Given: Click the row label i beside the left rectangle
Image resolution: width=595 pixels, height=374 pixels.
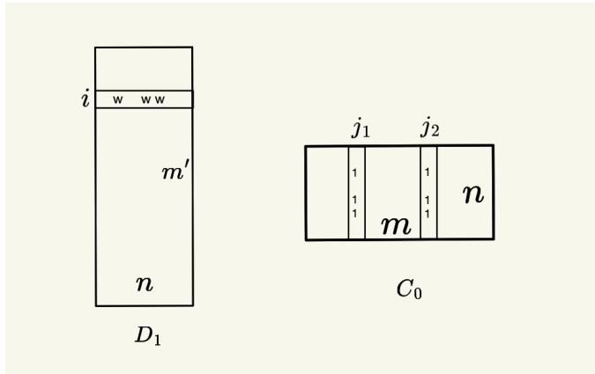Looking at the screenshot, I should pyautogui.click(x=85, y=99).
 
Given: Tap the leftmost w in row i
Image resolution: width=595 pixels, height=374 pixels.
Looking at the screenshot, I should pyautogui.click(x=117, y=99).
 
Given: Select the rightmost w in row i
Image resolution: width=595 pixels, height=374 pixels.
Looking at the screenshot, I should pyautogui.click(x=160, y=99).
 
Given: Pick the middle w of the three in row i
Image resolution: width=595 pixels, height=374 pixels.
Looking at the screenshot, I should pyautogui.click(x=146, y=99).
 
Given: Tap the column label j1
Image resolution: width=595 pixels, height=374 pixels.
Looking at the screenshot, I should pyautogui.click(x=361, y=129).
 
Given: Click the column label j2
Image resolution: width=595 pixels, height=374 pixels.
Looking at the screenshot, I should pyautogui.click(x=430, y=129).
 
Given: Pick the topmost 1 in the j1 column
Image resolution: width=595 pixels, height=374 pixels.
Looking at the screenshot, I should pyautogui.click(x=354, y=172).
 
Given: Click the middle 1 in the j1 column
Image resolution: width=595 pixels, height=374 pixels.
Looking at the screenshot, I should pyautogui.click(x=354, y=200).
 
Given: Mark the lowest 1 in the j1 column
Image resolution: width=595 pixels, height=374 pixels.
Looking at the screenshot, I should pyautogui.click(x=354, y=213).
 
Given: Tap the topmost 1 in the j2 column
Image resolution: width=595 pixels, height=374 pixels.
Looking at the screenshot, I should pyautogui.click(x=427, y=172).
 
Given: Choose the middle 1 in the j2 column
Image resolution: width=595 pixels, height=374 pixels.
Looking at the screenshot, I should pyautogui.click(x=427, y=200).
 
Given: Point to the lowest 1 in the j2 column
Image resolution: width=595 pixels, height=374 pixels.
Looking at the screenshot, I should pyautogui.click(x=427, y=213).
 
